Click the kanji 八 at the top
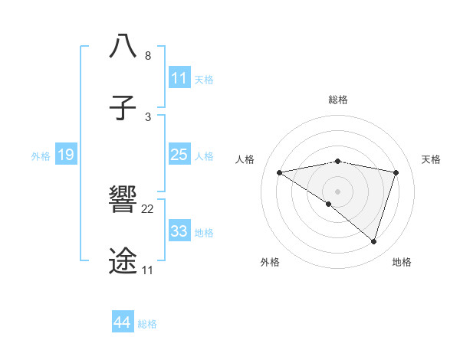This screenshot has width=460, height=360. pyautogui.click(x=123, y=47)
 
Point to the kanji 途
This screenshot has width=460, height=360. pyautogui.click(x=123, y=261)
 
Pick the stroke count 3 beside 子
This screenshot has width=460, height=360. pyautogui.click(x=148, y=117)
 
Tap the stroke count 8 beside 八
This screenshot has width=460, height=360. pyautogui.click(x=148, y=56)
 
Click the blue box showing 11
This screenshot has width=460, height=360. pyautogui.click(x=179, y=78)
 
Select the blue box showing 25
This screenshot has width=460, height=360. pyautogui.click(x=179, y=155)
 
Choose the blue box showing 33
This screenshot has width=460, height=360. pyautogui.click(x=179, y=231)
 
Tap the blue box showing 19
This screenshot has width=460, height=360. pyautogui.click(x=65, y=155)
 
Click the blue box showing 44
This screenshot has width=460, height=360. pyautogui.click(x=123, y=322)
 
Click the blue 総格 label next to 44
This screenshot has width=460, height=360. pyautogui.click(x=148, y=324)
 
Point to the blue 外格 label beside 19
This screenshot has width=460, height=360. pyautogui.click(x=41, y=156)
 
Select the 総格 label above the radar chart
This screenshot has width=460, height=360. pyautogui.click(x=337, y=100)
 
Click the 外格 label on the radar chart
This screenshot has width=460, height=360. pyautogui.click(x=270, y=262)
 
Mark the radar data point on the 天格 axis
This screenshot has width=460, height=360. pyautogui.click(x=396, y=172)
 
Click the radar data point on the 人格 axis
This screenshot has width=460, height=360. pyautogui.click(x=279, y=172)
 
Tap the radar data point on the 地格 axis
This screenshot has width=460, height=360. pyautogui.click(x=373, y=241)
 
